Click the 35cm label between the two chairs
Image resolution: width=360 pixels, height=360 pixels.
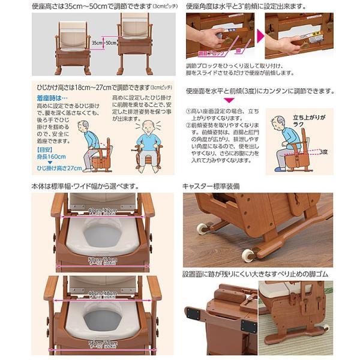(x=96, y=43)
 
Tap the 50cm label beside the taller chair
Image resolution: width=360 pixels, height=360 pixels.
(x=110, y=43)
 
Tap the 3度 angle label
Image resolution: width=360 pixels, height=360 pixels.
(x=325, y=151)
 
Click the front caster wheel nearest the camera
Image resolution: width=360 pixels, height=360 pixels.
(x=248, y=254)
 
